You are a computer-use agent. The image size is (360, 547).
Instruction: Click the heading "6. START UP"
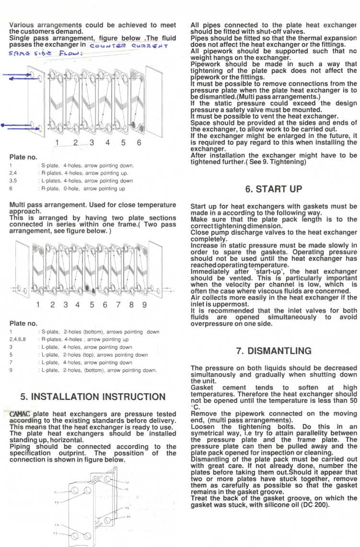pos(274,189)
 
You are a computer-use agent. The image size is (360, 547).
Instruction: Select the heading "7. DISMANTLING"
pos(274,351)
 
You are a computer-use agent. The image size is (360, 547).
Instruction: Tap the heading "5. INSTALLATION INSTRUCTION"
pos(93,397)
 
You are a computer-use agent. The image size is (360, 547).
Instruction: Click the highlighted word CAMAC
pos(21,414)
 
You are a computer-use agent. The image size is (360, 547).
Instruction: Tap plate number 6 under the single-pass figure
pos(139,142)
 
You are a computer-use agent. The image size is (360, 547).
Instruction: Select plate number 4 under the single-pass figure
pos(107,142)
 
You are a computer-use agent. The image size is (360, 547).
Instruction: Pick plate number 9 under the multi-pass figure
pos(144,305)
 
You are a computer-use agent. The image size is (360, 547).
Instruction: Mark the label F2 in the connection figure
pos(56,502)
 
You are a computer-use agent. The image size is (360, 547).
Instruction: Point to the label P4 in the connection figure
pos(128,517)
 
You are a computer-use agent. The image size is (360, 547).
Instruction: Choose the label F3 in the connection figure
pos(55,533)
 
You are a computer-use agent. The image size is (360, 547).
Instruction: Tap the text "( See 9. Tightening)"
pos(275,161)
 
